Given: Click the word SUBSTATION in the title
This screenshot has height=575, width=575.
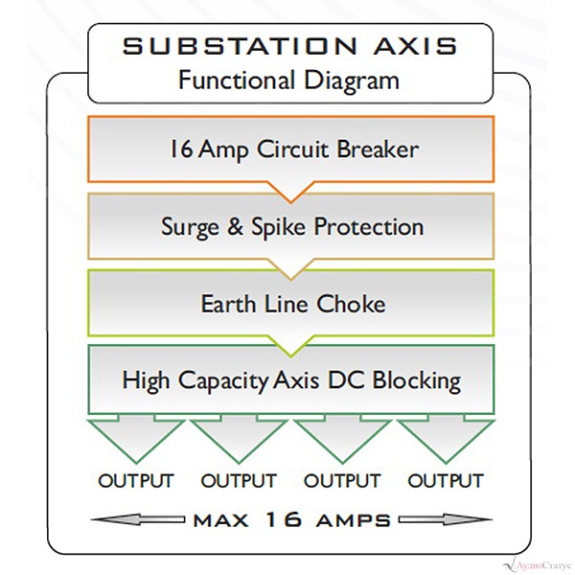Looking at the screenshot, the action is point(240,46).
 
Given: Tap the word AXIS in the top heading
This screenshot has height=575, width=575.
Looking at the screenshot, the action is point(415,46).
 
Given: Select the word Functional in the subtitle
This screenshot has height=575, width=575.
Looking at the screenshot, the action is point(237,80).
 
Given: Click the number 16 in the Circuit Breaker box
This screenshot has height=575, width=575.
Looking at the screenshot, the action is point(181,149).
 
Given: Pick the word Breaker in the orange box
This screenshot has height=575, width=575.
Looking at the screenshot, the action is point(378,149).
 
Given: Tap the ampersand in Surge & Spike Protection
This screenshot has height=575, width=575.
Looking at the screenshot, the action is point(235,226).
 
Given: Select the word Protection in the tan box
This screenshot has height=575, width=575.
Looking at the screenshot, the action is point(369,226).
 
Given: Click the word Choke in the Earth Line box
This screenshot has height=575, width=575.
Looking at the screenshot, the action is point(351,304).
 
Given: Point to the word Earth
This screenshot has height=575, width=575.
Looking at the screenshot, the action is point(228,304).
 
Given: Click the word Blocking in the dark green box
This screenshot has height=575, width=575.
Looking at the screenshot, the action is point(417,381).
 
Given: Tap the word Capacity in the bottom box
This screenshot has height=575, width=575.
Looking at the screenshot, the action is point(223,381).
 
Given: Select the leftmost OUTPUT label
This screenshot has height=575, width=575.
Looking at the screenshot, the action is point(136,481).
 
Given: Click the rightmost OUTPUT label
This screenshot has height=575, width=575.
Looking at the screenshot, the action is point(446,481).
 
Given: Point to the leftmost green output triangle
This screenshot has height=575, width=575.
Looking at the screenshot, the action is point(136,440).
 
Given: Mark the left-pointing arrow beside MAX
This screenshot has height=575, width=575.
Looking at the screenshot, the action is point(138,519).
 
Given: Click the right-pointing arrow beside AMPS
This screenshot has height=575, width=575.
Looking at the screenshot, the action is point(446,519).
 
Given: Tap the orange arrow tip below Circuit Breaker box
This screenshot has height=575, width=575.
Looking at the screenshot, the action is point(291,201).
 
